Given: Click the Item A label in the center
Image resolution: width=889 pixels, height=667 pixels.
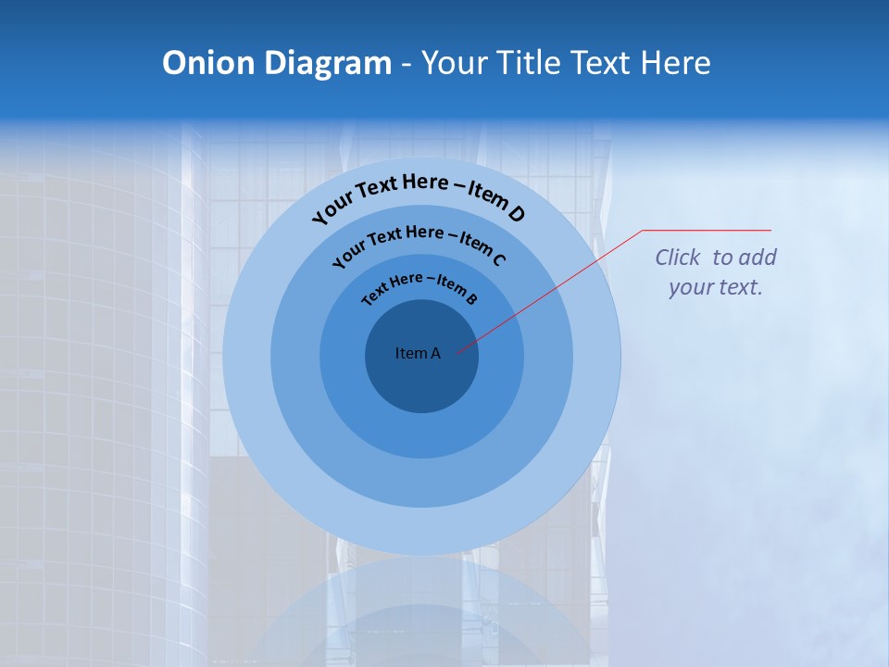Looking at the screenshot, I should [x=418, y=353].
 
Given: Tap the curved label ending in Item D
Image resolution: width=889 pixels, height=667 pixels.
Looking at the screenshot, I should [x=419, y=195].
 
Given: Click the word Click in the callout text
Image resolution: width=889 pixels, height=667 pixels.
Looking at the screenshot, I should [x=679, y=258].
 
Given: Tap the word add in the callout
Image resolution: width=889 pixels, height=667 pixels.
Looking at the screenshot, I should [x=758, y=258].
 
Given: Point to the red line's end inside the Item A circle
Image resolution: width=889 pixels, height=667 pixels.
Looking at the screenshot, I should [x=457, y=352].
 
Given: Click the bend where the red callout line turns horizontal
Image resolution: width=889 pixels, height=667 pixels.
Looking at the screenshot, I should [x=643, y=230].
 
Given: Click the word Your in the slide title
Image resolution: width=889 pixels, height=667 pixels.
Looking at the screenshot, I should [x=457, y=63].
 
